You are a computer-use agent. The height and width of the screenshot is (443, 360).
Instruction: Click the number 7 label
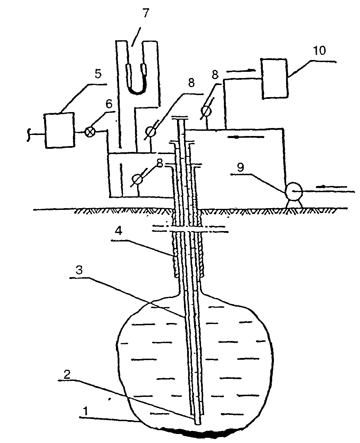(x=146, y=14)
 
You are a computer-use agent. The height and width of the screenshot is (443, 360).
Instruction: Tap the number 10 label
(x=319, y=51)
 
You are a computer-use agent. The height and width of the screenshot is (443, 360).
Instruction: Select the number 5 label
(x=98, y=74)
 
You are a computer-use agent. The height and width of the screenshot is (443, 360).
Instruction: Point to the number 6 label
(x=109, y=104)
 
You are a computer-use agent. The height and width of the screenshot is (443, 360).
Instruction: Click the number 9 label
(x=241, y=167)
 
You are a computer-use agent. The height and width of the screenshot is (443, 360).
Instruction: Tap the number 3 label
(x=79, y=270)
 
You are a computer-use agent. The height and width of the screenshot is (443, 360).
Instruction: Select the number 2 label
(x=67, y=374)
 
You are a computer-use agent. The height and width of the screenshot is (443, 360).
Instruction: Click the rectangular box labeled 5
(x=60, y=130)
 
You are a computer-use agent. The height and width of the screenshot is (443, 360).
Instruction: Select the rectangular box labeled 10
(x=275, y=78)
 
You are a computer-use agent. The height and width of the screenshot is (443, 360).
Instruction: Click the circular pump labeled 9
(x=294, y=191)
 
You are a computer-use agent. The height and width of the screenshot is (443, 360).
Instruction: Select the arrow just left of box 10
(x=241, y=71)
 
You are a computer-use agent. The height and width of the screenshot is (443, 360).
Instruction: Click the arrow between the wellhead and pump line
(x=246, y=137)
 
